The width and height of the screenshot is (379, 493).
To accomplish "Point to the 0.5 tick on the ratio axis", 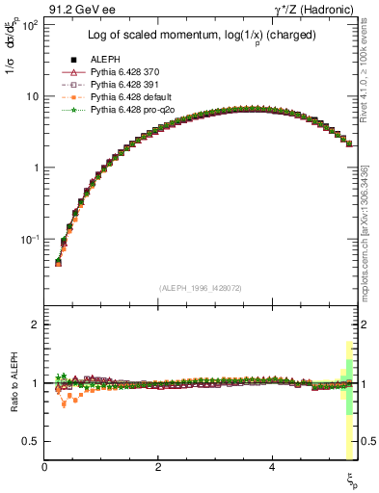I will [x=31, y=441].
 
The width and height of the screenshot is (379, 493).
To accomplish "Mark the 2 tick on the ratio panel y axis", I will [x=35, y=324].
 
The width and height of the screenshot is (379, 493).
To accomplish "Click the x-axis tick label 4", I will [x=273, y=466].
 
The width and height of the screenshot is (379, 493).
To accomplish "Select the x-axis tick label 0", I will [x=45, y=466].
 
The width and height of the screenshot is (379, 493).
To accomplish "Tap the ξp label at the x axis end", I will [x=352, y=479].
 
